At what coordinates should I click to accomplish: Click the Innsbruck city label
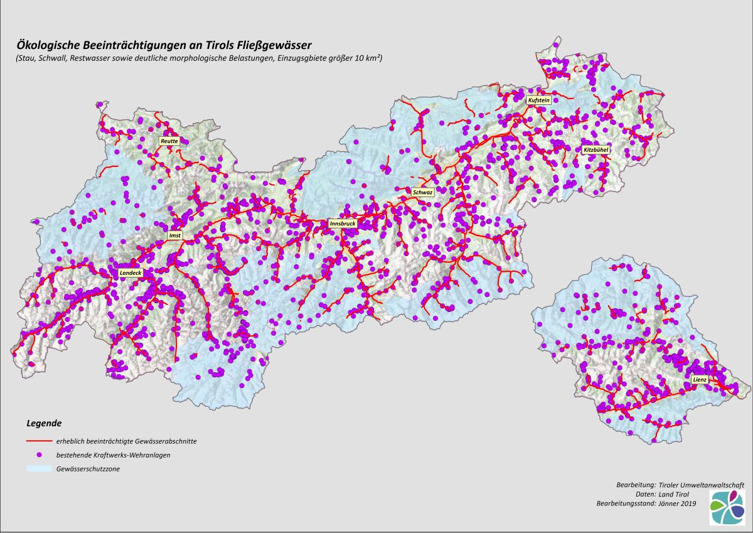pyautogui.click(x=343, y=223)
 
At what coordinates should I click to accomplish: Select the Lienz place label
pyautogui.click(x=700, y=380)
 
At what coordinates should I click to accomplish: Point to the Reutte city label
pyautogui.click(x=169, y=141)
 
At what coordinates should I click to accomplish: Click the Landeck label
pyautogui.click(x=131, y=273)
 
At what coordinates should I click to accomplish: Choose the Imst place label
pyautogui.click(x=174, y=235)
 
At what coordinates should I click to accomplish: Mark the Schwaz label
pyautogui.click(x=422, y=192)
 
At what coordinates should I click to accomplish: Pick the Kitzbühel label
pyautogui.click(x=596, y=150)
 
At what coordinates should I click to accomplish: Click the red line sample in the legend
pyautogui.click(x=38, y=441)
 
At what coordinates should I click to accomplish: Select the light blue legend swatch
pyautogui.click(x=38, y=468)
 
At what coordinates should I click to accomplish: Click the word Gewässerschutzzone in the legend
pyautogui.click(x=88, y=469)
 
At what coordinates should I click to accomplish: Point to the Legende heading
pyautogui.click(x=43, y=423)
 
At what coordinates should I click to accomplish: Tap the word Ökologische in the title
pyautogui.click(x=51, y=45)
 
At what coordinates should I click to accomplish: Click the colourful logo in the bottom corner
pyautogui.click(x=728, y=508)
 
